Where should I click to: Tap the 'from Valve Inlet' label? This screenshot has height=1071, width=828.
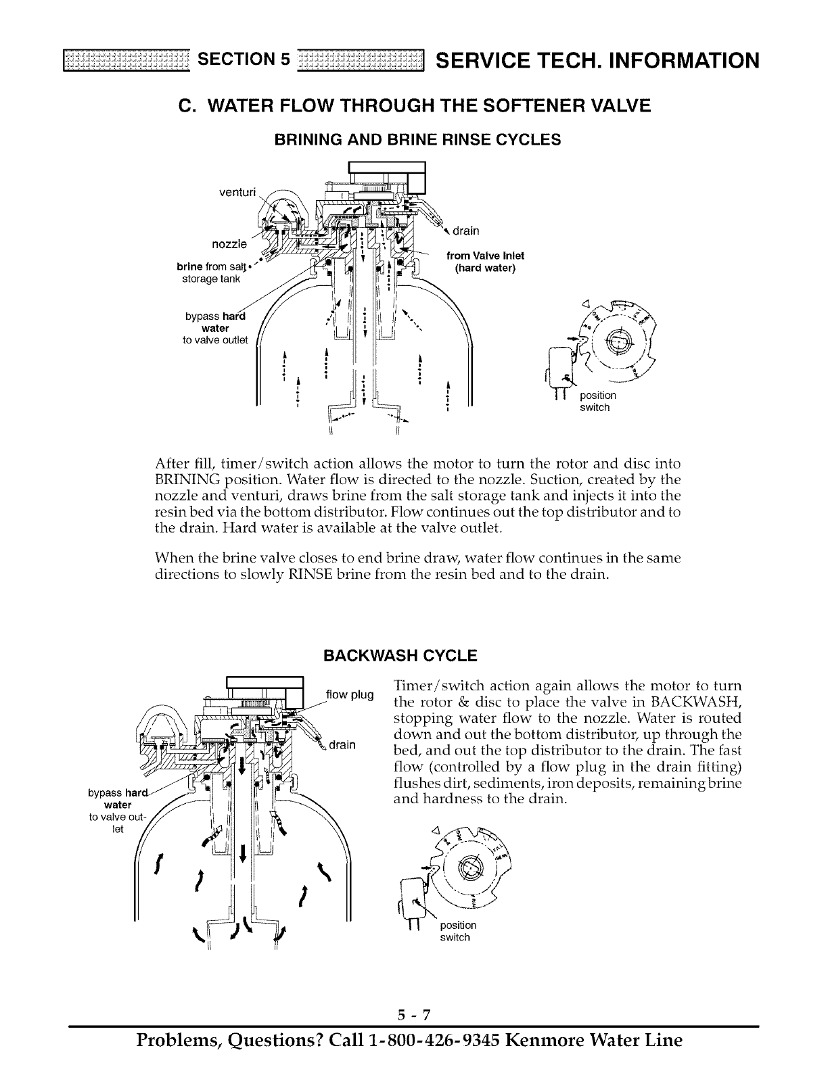point(486,255)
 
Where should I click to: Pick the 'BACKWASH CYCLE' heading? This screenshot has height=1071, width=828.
point(401,656)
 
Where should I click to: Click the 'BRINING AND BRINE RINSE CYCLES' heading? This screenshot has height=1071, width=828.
point(417,140)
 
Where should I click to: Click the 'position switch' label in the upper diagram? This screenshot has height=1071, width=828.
point(598,401)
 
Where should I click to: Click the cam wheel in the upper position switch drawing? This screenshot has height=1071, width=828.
point(617,337)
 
